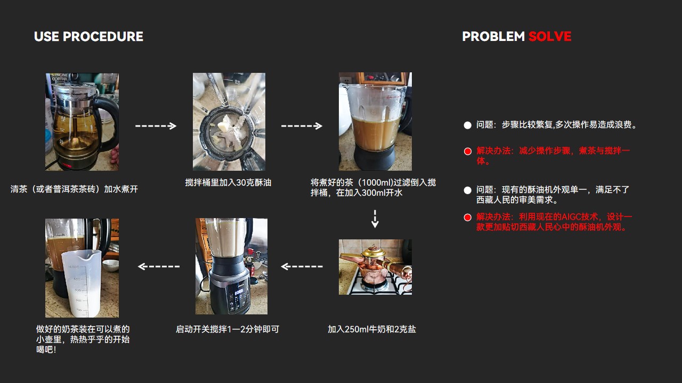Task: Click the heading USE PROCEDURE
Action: point(88,37)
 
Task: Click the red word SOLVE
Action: point(549,37)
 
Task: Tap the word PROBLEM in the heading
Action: point(493,37)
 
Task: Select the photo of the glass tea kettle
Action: point(82,122)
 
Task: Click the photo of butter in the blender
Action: point(229,122)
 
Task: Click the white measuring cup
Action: point(82,282)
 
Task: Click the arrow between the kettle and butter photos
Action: point(156,126)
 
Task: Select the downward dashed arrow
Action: point(375,219)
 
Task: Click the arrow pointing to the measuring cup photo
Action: point(159,267)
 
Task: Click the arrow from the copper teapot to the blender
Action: point(302,267)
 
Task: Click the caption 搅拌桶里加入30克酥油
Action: point(228,182)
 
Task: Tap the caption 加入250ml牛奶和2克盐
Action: point(371,329)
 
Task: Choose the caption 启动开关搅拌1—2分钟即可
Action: point(228,329)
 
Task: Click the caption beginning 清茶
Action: point(74,189)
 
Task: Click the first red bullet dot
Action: point(468,152)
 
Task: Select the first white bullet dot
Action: point(468,125)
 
